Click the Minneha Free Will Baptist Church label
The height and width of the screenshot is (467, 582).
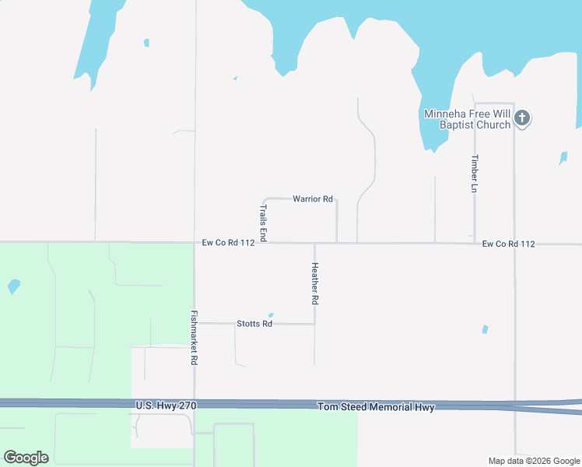coord(467,119)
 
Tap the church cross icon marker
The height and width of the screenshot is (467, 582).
coord(522,118)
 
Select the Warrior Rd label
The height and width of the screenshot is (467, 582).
coord(313,199)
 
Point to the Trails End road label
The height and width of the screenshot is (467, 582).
coord(263,223)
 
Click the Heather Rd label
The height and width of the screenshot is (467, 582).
coord(315,283)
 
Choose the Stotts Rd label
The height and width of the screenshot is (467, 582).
coord(254,324)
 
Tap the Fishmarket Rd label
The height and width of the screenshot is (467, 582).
coord(195,339)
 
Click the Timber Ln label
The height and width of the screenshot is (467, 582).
coord(475,174)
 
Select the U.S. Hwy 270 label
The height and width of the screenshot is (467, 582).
coord(166,406)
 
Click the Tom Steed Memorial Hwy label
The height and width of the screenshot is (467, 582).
coord(376,407)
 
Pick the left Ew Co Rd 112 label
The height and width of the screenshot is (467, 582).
coord(229,243)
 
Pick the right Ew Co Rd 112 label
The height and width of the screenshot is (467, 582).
coord(508,244)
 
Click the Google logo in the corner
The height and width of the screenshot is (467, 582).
coord(26,458)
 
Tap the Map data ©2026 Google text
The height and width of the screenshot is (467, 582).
coord(535,461)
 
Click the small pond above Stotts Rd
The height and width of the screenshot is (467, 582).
coord(271,315)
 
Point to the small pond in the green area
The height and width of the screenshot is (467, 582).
coord(13,286)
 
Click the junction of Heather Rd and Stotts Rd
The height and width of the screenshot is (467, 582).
coord(314,324)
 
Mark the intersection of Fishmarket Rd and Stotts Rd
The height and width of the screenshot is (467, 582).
coord(195,323)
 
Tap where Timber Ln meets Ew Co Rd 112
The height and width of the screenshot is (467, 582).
coord(475,243)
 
